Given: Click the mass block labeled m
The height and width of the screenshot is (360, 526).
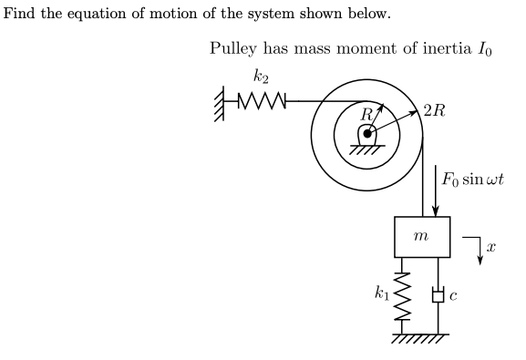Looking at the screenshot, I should pos(421,237).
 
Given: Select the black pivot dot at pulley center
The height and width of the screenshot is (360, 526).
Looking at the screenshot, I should pos(367,133).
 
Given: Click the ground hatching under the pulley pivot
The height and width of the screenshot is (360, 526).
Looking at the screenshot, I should pos(367,149).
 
